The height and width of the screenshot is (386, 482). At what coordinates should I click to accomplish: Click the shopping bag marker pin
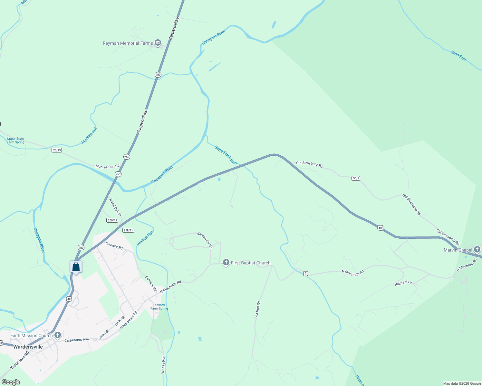pos(76,267)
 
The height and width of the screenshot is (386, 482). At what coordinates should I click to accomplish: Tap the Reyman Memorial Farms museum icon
pos(158,43)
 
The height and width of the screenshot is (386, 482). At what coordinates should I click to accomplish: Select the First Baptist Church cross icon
pos(226,263)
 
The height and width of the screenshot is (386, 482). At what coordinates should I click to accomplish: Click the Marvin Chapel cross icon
pos(477,250)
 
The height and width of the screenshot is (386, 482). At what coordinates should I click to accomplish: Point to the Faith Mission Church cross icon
pos(58,335)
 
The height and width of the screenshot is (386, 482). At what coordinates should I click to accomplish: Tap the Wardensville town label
pos(28,347)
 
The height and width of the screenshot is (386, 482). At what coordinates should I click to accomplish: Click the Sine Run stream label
pos(458,56)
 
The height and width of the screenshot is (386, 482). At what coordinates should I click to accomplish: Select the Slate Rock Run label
pos(226,155)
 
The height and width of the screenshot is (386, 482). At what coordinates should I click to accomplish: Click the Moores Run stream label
pos(89,135)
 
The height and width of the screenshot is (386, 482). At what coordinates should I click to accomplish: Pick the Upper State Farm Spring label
pos(15,141)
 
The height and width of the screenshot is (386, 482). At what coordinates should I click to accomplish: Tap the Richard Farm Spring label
pos(159,307)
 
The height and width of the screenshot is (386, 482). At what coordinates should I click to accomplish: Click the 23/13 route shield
pos(57,150)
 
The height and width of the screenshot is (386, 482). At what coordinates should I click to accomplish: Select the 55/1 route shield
pos(356,178)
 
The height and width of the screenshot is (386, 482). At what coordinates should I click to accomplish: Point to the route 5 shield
pos(305,273)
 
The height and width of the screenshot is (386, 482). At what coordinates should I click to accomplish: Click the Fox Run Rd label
pos(257,310)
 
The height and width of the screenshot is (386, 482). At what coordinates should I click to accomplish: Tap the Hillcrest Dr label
pos(403,283)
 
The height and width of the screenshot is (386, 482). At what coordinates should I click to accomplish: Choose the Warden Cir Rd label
pos(205,240)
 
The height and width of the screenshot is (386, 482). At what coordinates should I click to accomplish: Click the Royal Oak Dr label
pos(115,207)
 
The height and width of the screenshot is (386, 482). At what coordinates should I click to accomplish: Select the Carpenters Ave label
pos(77,340)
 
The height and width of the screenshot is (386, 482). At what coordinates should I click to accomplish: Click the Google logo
pos(11,382)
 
